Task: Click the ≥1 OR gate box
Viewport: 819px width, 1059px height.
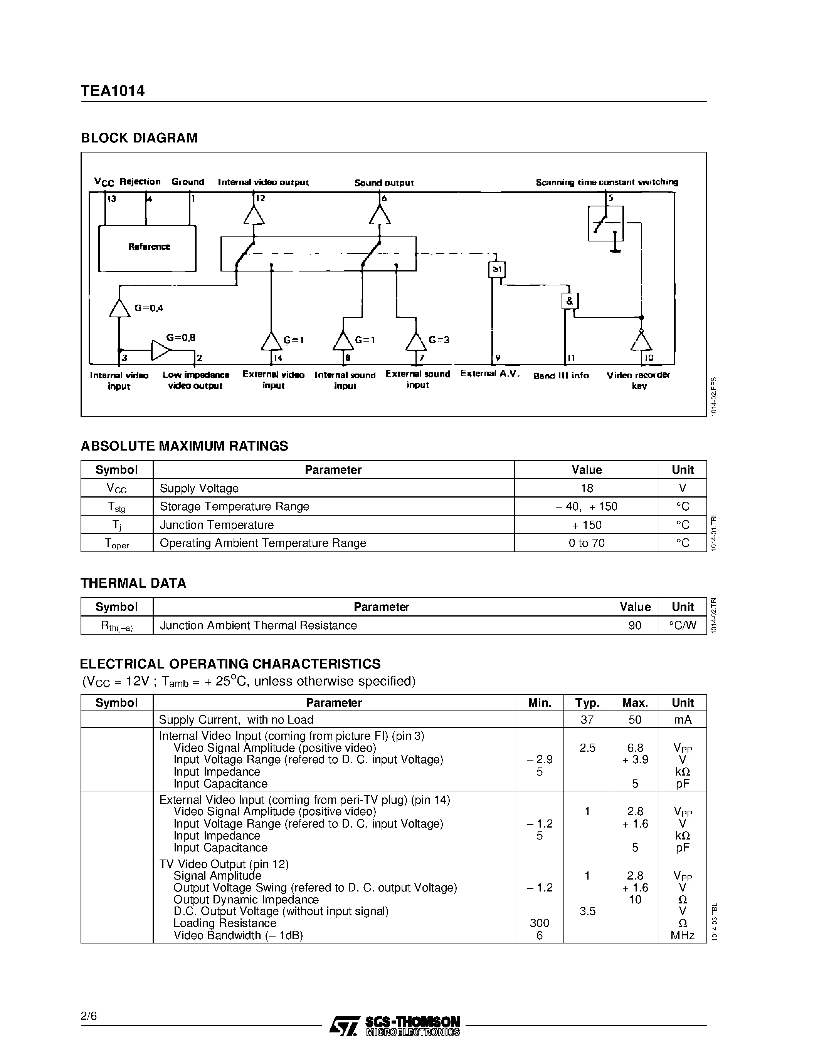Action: pos(497,270)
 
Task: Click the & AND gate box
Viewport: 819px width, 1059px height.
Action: pos(570,301)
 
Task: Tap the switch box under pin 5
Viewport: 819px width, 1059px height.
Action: pos(605,223)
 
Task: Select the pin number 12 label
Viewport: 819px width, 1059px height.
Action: pos(261,198)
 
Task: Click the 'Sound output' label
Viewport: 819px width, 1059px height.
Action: pos(384,183)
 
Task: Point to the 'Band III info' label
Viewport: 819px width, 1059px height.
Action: pos(561,376)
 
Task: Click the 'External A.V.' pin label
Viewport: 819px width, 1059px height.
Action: pos(490,374)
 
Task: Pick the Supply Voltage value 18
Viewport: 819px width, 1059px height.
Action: pos(587,488)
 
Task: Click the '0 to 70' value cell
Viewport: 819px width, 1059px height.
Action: pos(587,543)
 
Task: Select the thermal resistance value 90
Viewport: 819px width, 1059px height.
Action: pos(635,625)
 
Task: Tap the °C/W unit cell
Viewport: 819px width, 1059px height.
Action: pos(682,625)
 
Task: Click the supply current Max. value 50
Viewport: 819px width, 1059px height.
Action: pos(635,720)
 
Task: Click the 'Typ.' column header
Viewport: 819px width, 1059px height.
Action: pos(587,703)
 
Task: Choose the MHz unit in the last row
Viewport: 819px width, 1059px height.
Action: pos(682,935)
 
